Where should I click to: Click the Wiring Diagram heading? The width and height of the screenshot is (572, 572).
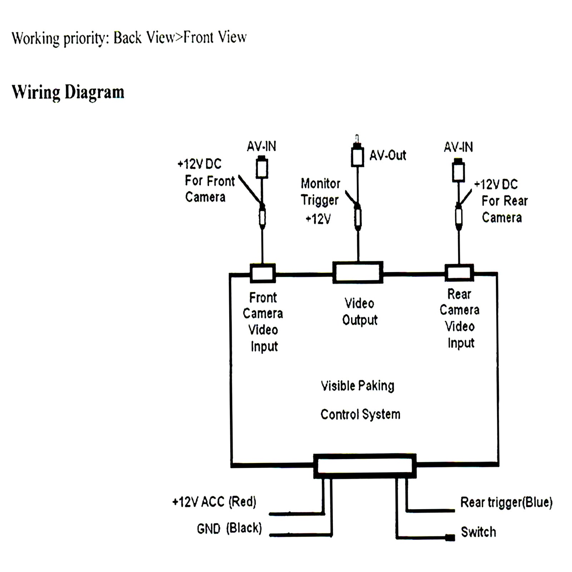click(x=68, y=92)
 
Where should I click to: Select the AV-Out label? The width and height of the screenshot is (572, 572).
click(x=388, y=156)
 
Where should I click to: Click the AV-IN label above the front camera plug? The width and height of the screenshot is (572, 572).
click(x=261, y=147)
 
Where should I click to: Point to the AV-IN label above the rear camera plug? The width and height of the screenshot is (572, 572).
click(x=458, y=147)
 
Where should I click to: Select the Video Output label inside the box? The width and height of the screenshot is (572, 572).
click(x=360, y=312)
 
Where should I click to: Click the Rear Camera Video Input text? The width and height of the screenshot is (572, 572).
click(x=460, y=319)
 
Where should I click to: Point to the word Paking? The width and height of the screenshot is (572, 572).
click(x=376, y=386)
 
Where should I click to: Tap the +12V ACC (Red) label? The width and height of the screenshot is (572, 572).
click(x=214, y=502)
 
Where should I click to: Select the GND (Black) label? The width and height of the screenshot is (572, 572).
click(x=229, y=528)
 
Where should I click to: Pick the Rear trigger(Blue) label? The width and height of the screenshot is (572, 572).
click(x=506, y=502)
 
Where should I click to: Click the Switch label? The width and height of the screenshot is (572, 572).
click(x=478, y=532)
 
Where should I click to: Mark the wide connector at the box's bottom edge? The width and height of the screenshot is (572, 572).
click(x=365, y=466)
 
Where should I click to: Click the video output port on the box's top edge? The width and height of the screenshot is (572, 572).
click(x=358, y=273)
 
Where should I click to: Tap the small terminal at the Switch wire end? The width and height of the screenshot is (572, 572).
click(x=450, y=537)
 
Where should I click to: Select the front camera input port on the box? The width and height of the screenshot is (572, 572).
click(x=263, y=273)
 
